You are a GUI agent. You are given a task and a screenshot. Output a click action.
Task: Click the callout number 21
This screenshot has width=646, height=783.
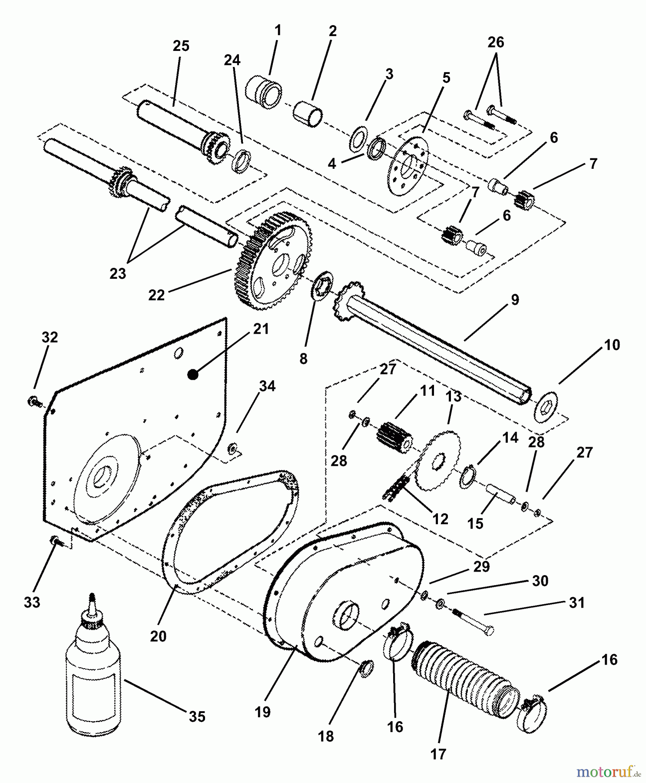[261, 329]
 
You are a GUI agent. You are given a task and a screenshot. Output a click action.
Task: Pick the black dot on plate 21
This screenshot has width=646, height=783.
[193, 374]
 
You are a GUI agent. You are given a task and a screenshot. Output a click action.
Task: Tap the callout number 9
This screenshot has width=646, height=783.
[515, 300]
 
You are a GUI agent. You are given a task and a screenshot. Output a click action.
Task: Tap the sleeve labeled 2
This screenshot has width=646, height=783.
[308, 114]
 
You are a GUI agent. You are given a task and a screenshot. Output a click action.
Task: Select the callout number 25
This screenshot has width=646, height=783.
[181, 46]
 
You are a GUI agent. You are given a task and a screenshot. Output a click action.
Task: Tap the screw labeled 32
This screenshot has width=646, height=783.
[34, 401]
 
